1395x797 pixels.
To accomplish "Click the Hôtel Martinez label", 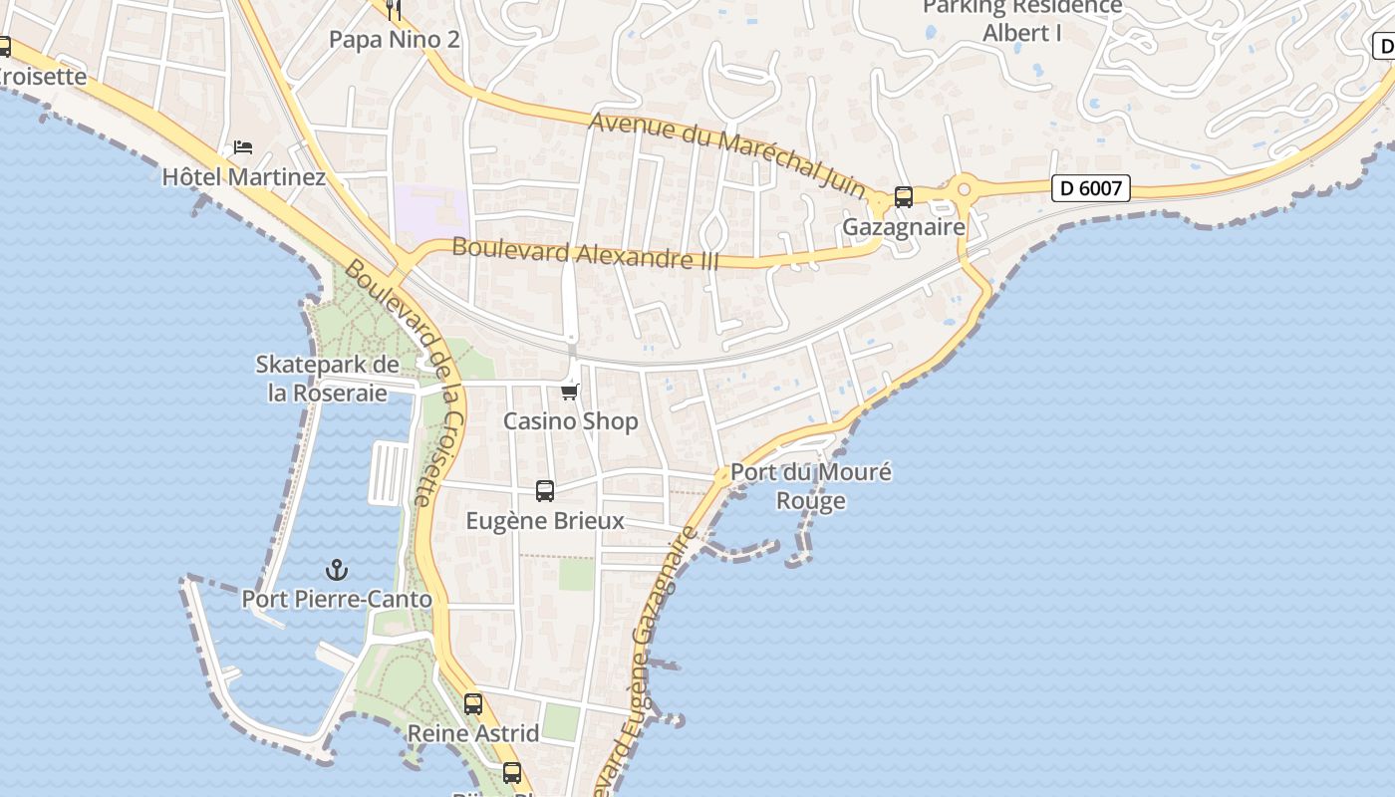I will (x=244, y=177).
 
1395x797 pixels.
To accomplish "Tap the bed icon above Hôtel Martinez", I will (x=243, y=147).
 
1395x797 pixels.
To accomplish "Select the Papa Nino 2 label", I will (x=395, y=40).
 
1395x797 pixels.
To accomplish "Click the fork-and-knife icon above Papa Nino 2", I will (x=394, y=10).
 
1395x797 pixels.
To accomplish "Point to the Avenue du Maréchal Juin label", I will (x=727, y=149).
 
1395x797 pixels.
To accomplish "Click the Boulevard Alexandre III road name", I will (x=586, y=253).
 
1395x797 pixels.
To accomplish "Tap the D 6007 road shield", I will (x=1091, y=187).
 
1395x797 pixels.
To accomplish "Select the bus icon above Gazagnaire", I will (x=904, y=197).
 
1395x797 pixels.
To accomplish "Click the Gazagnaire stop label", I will (x=904, y=227).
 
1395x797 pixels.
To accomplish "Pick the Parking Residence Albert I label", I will (x=1022, y=20).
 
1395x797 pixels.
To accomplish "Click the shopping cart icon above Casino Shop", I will (x=570, y=392).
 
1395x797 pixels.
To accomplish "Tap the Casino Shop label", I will (x=570, y=421).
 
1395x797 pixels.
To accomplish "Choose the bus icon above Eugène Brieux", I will (x=545, y=490).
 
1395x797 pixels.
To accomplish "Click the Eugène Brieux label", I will (x=545, y=521).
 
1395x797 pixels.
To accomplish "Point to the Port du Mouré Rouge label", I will (x=811, y=486).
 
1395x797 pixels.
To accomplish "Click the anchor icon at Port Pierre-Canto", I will (x=338, y=570).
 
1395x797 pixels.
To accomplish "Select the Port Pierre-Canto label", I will (x=337, y=600).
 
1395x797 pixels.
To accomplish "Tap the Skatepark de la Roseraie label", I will (x=328, y=379).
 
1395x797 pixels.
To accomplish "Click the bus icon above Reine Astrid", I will (x=473, y=703).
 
